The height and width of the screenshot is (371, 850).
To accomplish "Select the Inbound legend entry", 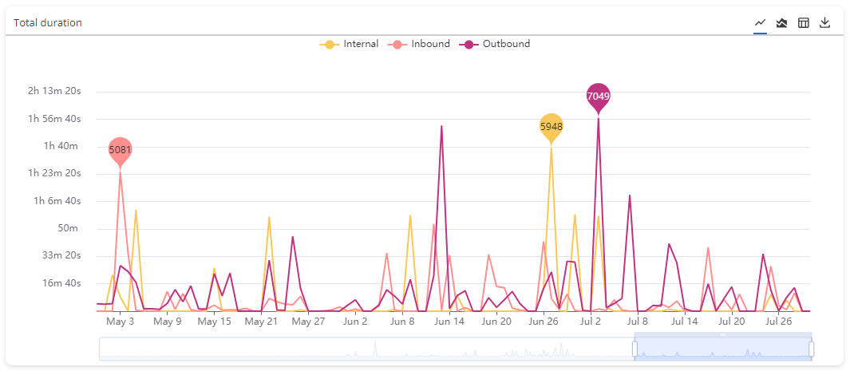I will click(421, 44).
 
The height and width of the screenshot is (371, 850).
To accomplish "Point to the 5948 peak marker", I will click(552, 126).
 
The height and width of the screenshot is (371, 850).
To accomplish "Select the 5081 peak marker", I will click(121, 149).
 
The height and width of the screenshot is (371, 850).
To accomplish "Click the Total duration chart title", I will click(48, 22).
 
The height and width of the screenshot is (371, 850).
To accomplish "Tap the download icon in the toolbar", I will click(825, 22).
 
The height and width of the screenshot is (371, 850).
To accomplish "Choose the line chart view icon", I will click(761, 22).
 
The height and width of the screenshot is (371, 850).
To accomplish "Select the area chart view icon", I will click(782, 22).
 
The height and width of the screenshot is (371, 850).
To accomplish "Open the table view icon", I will click(804, 22).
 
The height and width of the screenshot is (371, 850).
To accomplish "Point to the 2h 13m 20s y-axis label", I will click(54, 91).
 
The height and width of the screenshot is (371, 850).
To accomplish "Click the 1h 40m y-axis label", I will click(61, 146).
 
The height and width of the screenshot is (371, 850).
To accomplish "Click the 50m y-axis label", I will click(69, 228).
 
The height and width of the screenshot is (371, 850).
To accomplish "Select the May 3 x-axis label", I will click(120, 322).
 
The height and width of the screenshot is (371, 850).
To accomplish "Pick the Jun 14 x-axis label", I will click(449, 322).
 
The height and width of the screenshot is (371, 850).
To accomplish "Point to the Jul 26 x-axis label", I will click(778, 322).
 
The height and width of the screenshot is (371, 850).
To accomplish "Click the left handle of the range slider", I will click(635, 349).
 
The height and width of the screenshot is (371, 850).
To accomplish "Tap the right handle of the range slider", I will click(811, 349).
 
